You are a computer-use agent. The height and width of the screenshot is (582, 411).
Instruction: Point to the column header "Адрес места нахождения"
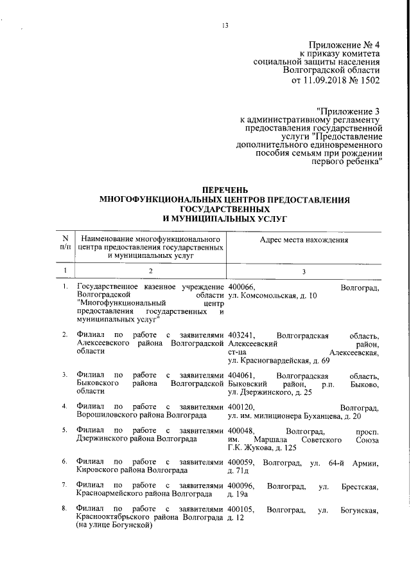pyautogui.click(x=304, y=240)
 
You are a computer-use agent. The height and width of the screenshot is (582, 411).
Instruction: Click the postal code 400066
pyautogui.click(x=242, y=287)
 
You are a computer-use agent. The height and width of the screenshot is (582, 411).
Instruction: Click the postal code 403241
pyautogui.click(x=242, y=335)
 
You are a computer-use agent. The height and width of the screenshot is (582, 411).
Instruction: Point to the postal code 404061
pyautogui.click(x=242, y=375)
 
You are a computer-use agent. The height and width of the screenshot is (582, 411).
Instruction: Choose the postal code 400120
pyautogui.click(x=242, y=407)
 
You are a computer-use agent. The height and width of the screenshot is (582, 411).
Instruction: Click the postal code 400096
pyautogui.click(x=242, y=486)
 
